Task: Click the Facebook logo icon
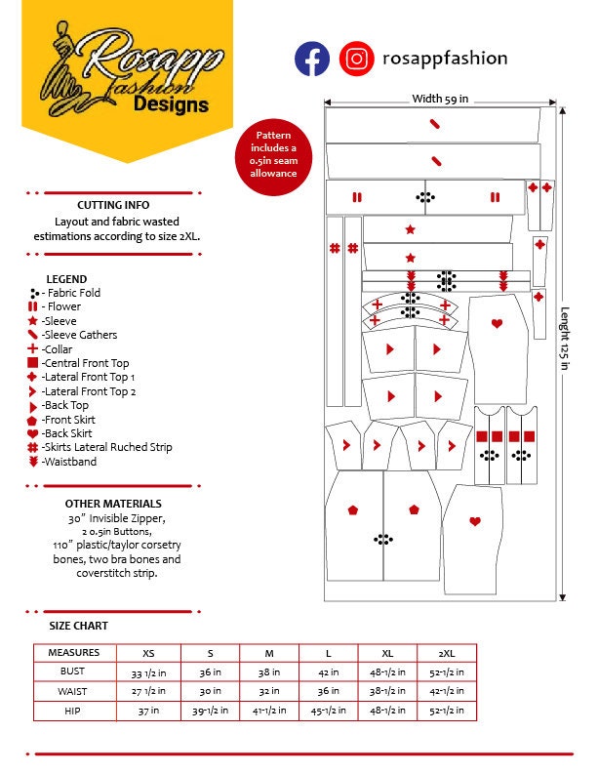click(x=312, y=59)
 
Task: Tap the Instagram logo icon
click(x=357, y=59)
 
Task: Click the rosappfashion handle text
click(x=445, y=58)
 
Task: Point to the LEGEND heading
click(x=66, y=279)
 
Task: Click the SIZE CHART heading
click(x=79, y=626)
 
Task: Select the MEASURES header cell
click(x=74, y=652)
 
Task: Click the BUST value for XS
click(x=147, y=671)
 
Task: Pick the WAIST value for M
click(x=267, y=691)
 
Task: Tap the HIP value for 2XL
click(x=447, y=711)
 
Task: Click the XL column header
click(x=386, y=652)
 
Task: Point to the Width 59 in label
click(x=440, y=99)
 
